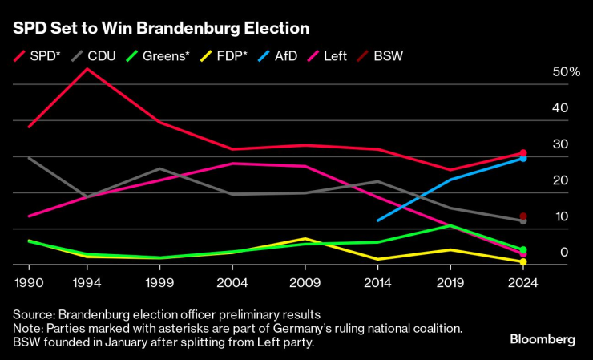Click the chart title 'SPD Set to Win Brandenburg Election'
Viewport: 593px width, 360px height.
160,29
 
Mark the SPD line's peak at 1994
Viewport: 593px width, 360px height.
87,69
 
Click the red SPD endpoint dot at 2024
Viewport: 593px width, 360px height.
522,153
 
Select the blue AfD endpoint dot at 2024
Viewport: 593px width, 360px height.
522,159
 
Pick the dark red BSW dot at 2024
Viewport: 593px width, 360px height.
522,216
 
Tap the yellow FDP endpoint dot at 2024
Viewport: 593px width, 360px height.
522,262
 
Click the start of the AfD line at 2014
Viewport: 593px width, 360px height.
377,220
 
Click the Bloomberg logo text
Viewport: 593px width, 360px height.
543,340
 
